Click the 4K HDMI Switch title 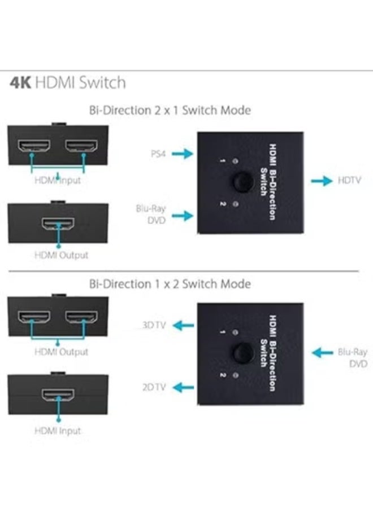click(x=68, y=83)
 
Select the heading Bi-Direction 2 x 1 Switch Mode click(x=170, y=110)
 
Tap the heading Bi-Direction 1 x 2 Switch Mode click(x=170, y=284)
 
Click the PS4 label click(x=158, y=153)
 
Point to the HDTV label click(x=349, y=181)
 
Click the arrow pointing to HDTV click(x=322, y=181)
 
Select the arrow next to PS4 click(x=182, y=153)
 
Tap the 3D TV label click(x=154, y=325)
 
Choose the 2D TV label click(x=154, y=387)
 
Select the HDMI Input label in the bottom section click(x=58, y=431)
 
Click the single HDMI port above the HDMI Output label click(x=58, y=224)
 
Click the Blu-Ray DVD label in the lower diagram click(x=353, y=357)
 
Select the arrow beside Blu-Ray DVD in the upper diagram click(x=182, y=215)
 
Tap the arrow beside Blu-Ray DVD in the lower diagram click(x=323, y=353)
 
